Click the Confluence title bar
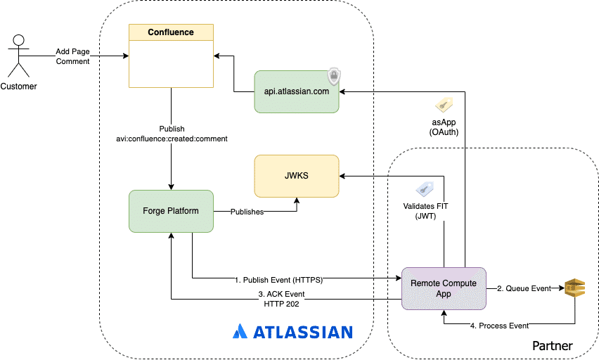click(x=171, y=32)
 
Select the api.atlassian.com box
click(x=296, y=91)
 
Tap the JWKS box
click(x=296, y=176)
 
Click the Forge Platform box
click(x=171, y=211)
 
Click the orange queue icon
click(x=574, y=288)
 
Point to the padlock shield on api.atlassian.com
click(x=334, y=77)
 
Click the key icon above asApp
click(x=444, y=105)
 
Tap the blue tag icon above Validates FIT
click(x=424, y=188)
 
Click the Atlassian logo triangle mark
click(x=239, y=331)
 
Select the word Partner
click(x=552, y=345)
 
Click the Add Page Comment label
click(x=73, y=57)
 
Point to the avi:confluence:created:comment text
click(x=172, y=139)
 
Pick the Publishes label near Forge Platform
click(x=247, y=211)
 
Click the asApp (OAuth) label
click(x=444, y=127)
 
